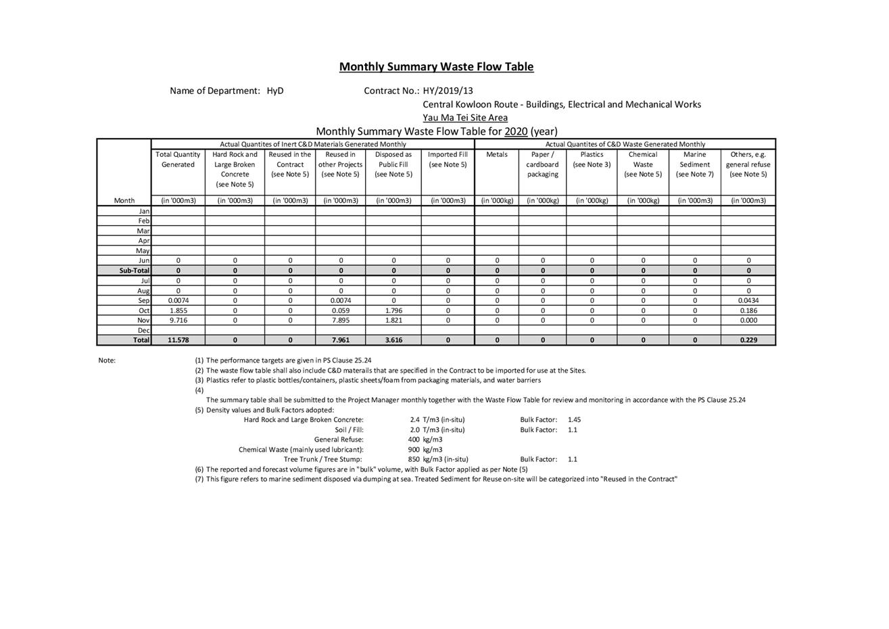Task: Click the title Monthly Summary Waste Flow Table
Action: [436, 67]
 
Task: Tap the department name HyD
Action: [274, 91]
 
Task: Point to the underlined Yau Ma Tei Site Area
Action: [465, 118]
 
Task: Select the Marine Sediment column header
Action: [694, 164]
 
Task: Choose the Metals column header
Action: [496, 155]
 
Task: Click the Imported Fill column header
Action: [448, 160]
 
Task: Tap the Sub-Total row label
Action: [134, 271]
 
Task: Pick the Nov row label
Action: [143, 321]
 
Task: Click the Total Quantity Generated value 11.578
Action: [178, 340]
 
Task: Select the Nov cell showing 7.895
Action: [341, 321]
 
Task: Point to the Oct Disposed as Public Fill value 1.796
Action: [393, 311]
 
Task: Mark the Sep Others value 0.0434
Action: [748, 301]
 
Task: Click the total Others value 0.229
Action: [748, 340]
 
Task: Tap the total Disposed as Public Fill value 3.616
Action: [393, 340]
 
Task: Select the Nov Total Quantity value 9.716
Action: [178, 321]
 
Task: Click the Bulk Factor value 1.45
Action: [574, 420]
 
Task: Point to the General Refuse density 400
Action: [414, 440]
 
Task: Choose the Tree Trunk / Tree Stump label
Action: [322, 459]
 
